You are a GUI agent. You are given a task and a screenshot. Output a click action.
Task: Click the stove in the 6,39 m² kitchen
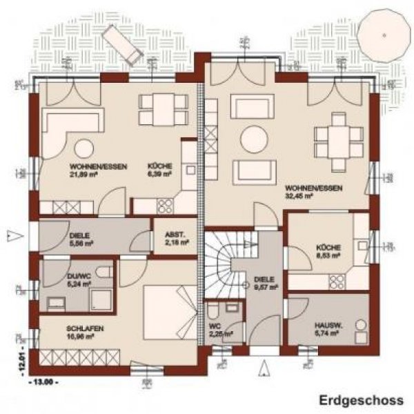[166, 205]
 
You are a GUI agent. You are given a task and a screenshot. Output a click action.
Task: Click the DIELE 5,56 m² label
[81, 239]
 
